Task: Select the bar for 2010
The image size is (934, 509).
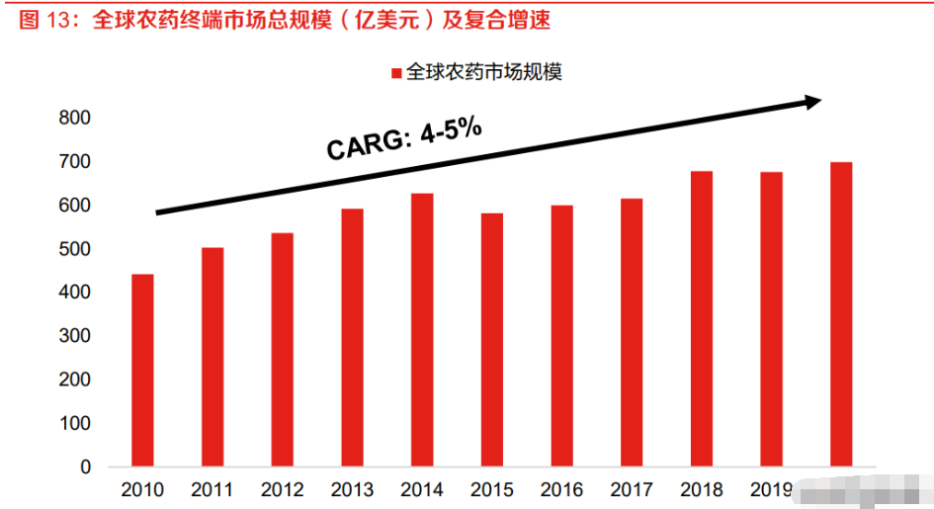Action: point(142,370)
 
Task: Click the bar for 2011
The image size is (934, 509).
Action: point(212,357)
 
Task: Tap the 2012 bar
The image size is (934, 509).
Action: point(282,349)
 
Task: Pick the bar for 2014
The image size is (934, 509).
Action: point(422,329)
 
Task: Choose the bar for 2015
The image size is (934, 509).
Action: point(491,339)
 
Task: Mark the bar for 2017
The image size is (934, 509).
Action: point(632,332)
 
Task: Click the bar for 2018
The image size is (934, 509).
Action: point(702,318)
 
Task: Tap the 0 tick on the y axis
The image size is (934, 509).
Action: point(85,467)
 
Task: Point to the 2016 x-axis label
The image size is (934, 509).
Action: point(562,489)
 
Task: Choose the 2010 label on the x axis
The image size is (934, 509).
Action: point(142,489)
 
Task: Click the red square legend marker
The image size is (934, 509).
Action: point(396,73)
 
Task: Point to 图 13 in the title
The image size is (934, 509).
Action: point(42,20)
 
